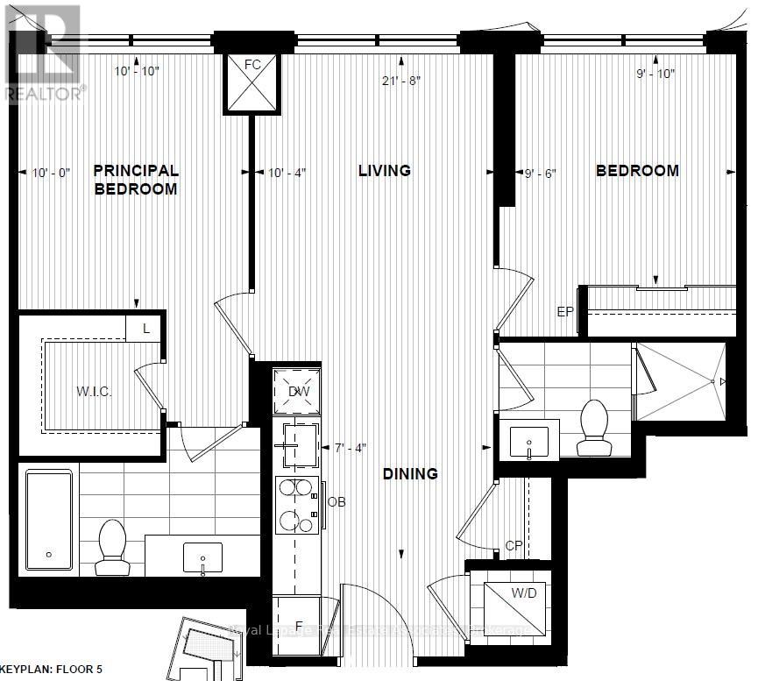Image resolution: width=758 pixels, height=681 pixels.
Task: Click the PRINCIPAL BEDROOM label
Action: pyautogui.click(x=136, y=180)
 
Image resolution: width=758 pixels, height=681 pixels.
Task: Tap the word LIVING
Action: pyautogui.click(x=384, y=171)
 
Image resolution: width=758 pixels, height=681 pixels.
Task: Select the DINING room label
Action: pyautogui.click(x=409, y=474)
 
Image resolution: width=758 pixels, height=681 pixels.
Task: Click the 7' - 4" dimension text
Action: pyautogui.click(x=350, y=448)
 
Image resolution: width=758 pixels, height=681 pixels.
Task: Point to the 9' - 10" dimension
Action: pyautogui.click(x=655, y=74)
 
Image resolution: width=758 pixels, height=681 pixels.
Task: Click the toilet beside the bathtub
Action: pyautogui.click(x=112, y=547)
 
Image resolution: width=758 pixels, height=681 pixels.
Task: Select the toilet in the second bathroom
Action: pyautogui.click(x=593, y=429)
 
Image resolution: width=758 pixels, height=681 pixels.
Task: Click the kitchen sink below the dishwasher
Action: pyautogui.click(x=296, y=443)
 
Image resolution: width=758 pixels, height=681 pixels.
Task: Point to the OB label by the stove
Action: pyautogui.click(x=336, y=502)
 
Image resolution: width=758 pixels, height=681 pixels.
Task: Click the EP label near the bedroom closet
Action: pyautogui.click(x=565, y=310)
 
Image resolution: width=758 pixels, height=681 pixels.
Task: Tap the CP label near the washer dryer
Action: pyautogui.click(x=514, y=545)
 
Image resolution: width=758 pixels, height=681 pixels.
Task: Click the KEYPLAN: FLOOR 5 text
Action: pyautogui.click(x=52, y=670)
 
